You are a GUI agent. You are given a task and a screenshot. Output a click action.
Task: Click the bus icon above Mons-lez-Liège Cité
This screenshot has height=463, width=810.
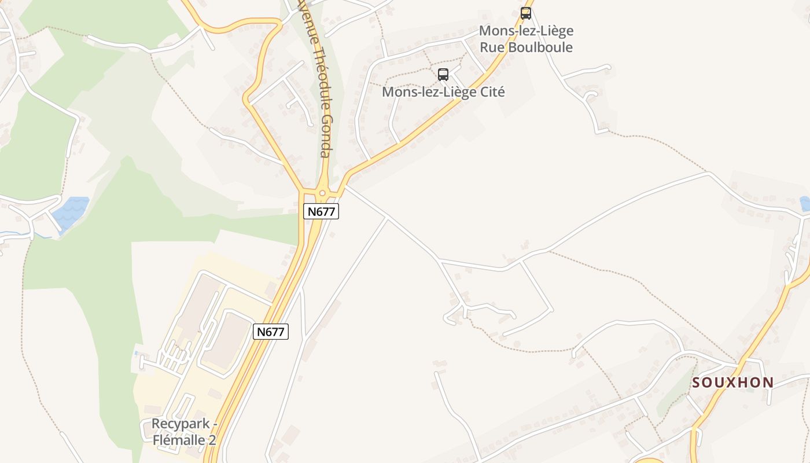443,74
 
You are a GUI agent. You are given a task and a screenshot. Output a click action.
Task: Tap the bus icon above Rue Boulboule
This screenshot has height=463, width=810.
525,13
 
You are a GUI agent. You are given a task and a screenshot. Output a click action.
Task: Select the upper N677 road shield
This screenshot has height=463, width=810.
321,211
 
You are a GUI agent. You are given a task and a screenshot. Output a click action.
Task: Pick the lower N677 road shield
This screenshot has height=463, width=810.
271,332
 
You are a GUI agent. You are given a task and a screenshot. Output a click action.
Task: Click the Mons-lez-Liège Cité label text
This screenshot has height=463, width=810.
443,91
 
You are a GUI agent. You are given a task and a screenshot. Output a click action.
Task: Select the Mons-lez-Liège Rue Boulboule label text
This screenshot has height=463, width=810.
526,39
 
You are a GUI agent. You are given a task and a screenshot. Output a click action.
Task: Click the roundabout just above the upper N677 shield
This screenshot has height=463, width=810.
322,193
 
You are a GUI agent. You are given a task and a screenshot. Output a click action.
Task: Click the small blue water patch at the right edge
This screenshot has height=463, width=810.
805,203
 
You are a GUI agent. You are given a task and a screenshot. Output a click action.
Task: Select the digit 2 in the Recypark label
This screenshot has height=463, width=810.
212,440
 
